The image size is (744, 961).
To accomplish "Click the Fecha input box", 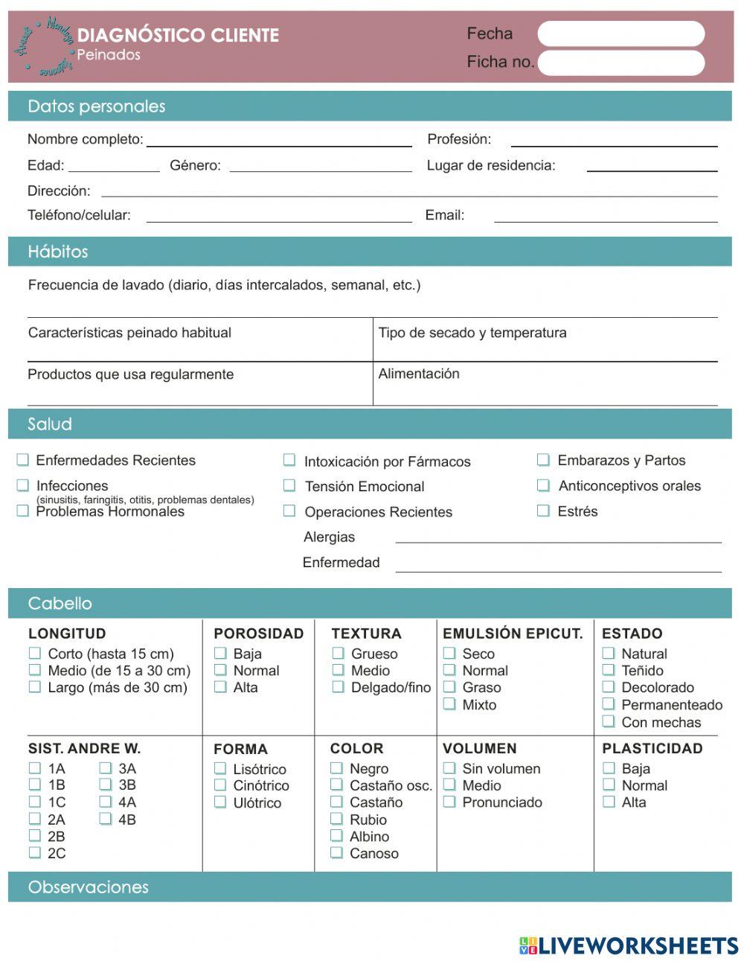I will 620,34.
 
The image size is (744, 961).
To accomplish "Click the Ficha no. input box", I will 620,63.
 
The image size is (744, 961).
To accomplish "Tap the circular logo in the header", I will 44,46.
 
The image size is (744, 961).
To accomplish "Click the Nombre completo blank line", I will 279,141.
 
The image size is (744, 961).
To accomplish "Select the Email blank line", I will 606,217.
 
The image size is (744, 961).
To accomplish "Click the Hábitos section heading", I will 58,252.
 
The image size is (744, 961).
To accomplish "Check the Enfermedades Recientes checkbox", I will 23,460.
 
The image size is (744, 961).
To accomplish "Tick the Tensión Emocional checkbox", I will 289,485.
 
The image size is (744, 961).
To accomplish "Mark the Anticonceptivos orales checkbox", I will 544,485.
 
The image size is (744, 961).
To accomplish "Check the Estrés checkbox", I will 544,511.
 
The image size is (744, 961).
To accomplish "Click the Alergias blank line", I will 558,538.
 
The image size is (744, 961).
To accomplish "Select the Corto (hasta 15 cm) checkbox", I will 35,654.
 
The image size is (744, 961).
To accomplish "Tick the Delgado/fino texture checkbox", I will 339,687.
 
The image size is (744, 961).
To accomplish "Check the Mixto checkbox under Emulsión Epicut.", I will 449,704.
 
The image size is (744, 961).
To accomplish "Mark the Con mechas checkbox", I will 609,721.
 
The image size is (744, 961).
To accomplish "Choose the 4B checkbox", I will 106,819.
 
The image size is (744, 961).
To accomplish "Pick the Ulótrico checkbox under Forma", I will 220,802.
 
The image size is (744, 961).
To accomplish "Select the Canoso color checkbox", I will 337,853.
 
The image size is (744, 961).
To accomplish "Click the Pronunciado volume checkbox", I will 449,802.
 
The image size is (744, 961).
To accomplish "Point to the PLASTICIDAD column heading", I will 652,748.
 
